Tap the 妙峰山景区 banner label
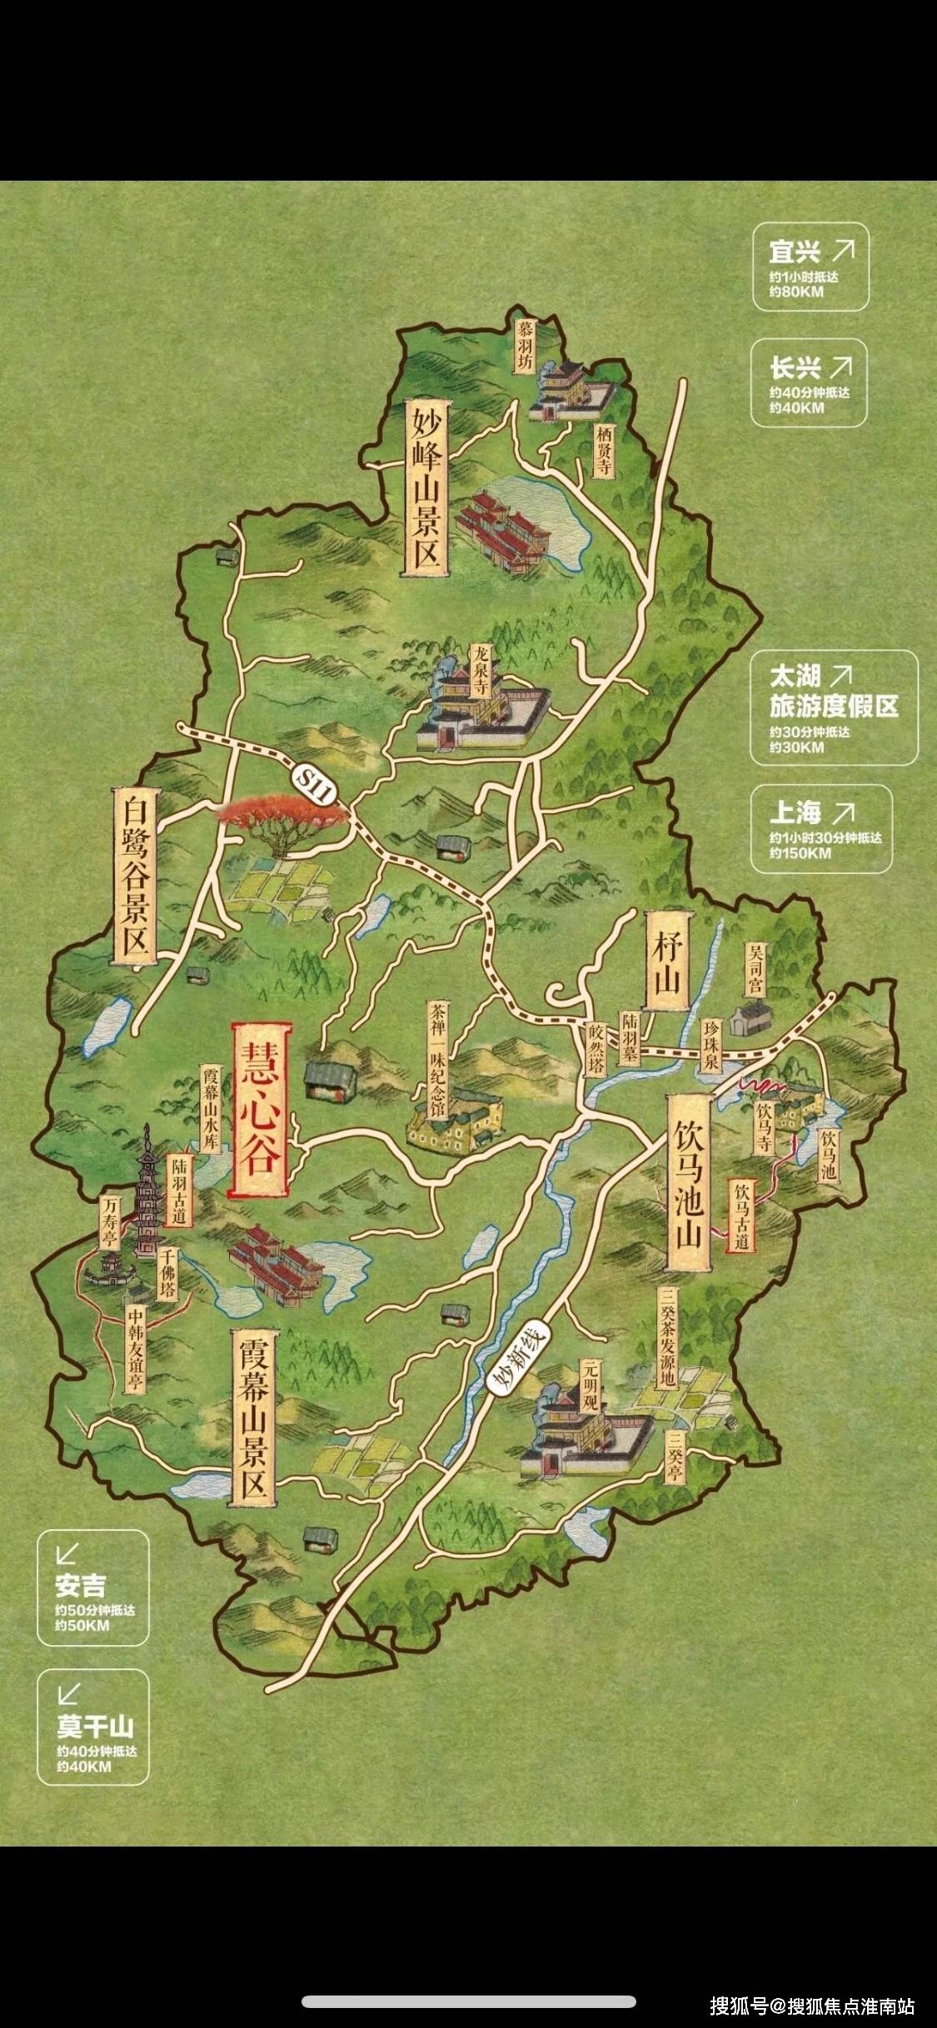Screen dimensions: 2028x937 [x=426, y=488]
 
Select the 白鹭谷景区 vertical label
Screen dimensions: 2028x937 [x=135, y=876]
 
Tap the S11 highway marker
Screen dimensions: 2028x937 [x=317, y=785]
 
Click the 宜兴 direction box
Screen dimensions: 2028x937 [x=810, y=266]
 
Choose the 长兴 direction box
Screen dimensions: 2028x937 [x=809, y=382]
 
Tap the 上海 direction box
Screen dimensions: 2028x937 [x=820, y=828]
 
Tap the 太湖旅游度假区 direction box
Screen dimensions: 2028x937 [x=833, y=707]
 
